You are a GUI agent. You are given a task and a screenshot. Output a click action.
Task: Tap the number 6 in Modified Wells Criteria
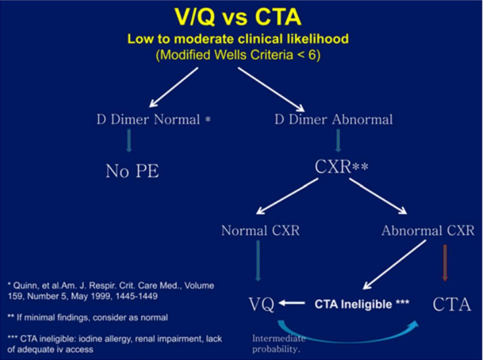[311, 55]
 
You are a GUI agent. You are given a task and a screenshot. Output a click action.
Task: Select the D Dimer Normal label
[154, 119]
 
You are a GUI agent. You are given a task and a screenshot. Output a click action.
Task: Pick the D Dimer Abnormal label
[333, 119]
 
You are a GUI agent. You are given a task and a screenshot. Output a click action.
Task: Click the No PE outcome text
[133, 171]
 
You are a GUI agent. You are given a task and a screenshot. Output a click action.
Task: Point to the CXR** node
[341, 166]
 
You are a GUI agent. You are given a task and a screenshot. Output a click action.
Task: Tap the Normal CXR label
[260, 230]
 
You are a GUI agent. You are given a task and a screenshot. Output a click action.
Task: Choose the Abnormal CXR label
[428, 230]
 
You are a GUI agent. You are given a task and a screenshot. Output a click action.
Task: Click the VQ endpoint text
[261, 304]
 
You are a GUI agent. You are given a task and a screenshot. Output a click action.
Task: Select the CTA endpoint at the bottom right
[452, 304]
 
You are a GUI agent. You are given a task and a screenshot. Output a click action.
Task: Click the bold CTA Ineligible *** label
[362, 304]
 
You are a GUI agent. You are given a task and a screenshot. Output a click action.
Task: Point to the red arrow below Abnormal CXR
[444, 262]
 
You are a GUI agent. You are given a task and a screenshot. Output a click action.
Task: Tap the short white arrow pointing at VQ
[291, 303]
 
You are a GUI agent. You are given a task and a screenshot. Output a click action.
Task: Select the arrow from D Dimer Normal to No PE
[129, 140]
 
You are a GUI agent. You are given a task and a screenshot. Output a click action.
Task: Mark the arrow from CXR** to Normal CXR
[287, 196]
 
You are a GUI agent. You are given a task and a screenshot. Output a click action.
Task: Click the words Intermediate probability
[279, 344]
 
